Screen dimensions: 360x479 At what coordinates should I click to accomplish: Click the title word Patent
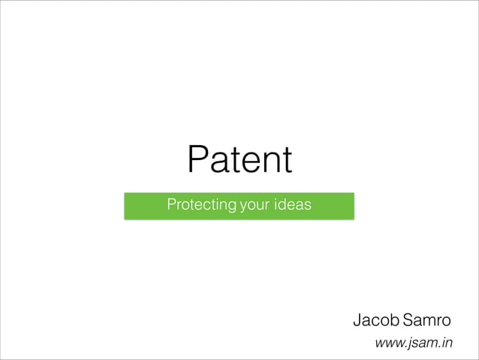(x=239, y=159)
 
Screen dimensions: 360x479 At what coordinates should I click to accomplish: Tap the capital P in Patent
(x=198, y=159)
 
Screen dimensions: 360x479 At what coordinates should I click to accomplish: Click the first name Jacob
(x=375, y=321)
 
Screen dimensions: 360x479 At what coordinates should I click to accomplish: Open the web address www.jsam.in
(x=414, y=343)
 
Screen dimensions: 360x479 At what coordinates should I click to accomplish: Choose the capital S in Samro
(x=408, y=321)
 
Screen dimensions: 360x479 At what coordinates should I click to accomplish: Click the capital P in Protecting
(x=171, y=204)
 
